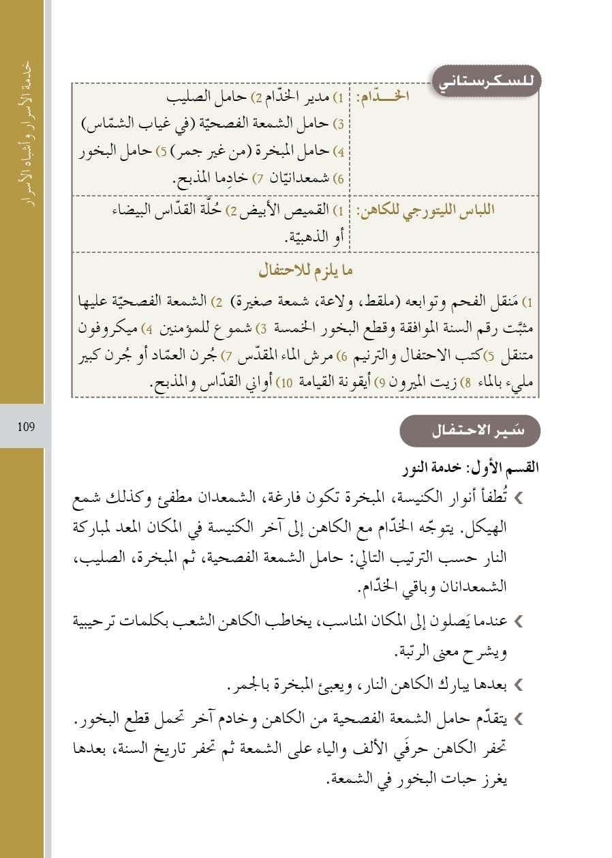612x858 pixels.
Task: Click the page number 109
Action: [27, 427]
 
